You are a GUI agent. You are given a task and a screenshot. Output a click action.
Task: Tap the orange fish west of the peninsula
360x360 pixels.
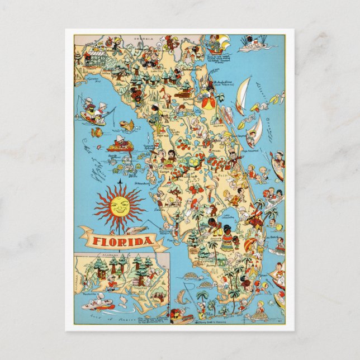click(x=128, y=126)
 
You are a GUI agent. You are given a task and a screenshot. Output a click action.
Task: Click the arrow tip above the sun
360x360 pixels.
click(x=119, y=183)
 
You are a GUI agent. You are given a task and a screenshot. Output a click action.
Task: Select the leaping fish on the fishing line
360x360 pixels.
click(x=130, y=229)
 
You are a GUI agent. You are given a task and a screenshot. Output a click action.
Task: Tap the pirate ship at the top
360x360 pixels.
click(x=216, y=42)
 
